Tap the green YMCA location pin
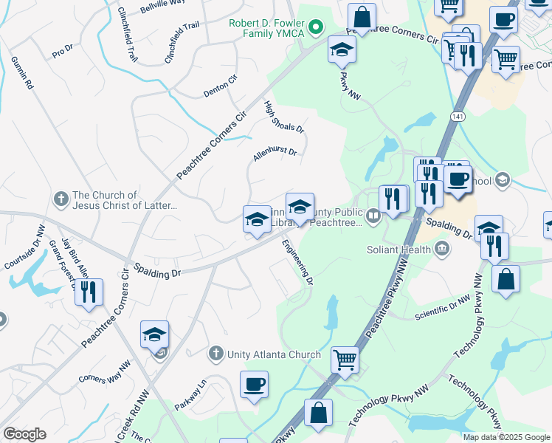pyautogui.click(x=317, y=29)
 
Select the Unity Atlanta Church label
pyautogui.click(x=273, y=354)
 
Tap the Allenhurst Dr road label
pyautogui.click(x=275, y=154)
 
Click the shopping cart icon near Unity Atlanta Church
pyautogui.click(x=345, y=360)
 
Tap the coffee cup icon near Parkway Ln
pyautogui.click(x=254, y=384)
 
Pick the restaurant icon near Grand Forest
pyautogui.click(x=89, y=292)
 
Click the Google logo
pyautogui.click(x=24, y=434)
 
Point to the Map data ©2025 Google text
pyautogui.click(x=506, y=437)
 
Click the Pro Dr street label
pyautogui.click(x=63, y=52)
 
